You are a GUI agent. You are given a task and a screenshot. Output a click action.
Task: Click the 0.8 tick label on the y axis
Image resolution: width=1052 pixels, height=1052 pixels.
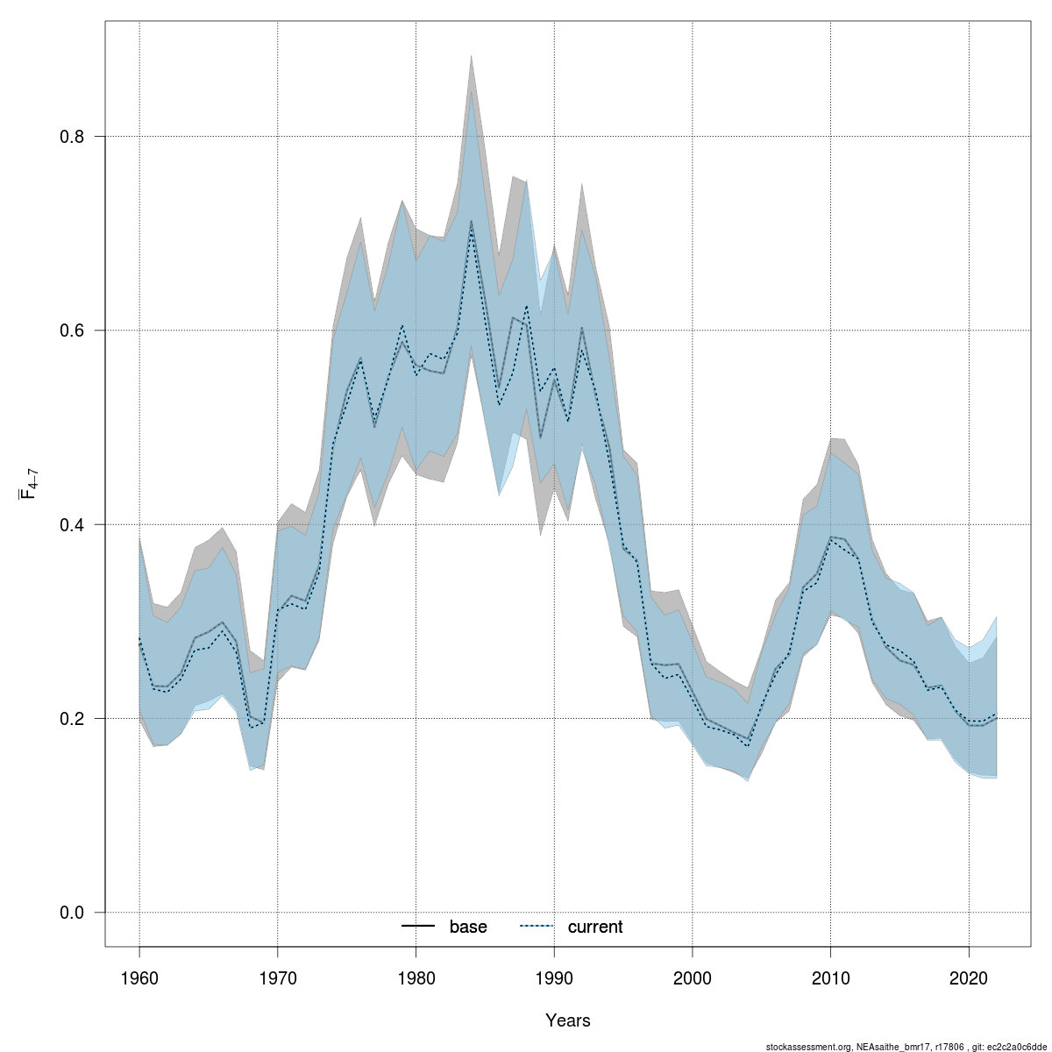[x=71, y=137]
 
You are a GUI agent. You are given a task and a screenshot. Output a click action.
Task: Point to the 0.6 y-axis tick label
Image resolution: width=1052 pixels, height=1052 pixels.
[x=71, y=331]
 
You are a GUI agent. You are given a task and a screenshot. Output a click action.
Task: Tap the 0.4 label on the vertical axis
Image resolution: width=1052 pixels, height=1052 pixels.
[x=71, y=524]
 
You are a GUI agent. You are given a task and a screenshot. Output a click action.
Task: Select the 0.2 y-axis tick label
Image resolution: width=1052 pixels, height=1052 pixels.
[x=71, y=719]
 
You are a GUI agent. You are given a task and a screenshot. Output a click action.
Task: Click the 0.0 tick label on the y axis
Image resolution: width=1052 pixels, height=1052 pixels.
[x=71, y=913]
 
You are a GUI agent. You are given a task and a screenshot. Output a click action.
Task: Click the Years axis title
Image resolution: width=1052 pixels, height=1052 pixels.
[x=567, y=1020]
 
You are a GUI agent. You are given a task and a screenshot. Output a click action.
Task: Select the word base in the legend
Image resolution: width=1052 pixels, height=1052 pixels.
[x=468, y=927]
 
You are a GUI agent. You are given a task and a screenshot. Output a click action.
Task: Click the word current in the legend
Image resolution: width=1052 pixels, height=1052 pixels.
[x=595, y=927]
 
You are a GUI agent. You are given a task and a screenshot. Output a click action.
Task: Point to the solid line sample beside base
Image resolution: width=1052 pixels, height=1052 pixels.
[x=419, y=927]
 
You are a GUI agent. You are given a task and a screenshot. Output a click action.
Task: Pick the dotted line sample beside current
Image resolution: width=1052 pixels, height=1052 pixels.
[x=537, y=927]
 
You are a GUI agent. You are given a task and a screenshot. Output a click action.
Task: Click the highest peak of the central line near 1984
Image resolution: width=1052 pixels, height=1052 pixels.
[x=471, y=222]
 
